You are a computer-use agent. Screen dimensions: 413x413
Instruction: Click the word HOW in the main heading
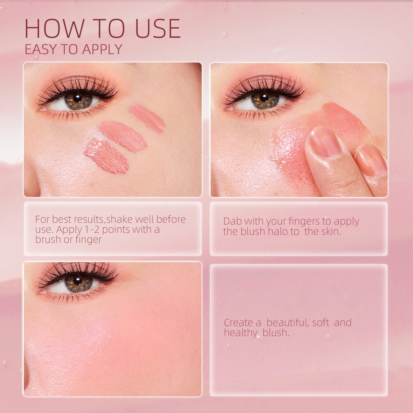click(x=54, y=28)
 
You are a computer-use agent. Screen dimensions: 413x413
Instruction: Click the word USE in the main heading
click(x=158, y=28)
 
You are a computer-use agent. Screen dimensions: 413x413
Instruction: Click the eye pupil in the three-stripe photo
click(x=77, y=98)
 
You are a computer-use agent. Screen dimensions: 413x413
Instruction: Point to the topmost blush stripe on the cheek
click(x=146, y=118)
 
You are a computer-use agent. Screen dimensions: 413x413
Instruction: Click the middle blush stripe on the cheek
click(x=122, y=136)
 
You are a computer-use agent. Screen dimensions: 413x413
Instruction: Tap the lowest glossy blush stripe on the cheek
click(x=107, y=156)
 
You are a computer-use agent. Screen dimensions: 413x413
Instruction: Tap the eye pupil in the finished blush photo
click(x=77, y=280)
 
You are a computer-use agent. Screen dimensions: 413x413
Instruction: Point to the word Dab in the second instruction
click(x=232, y=221)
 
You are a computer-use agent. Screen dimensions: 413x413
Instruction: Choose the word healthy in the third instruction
click(x=241, y=333)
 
